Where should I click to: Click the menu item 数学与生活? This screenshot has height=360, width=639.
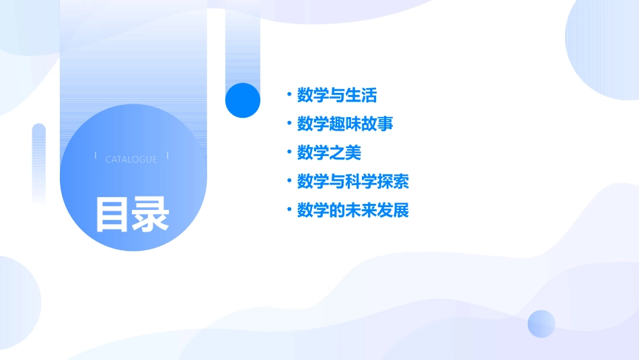pyautogui.click(x=337, y=96)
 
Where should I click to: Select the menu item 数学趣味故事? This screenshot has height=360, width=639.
pyautogui.click(x=345, y=124)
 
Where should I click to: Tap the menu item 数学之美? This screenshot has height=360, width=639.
pyautogui.click(x=329, y=153)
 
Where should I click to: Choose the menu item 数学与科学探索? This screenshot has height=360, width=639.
pyautogui.click(x=353, y=182)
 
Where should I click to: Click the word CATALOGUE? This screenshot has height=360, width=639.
pyautogui.click(x=131, y=159)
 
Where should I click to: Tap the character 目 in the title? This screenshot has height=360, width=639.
pyautogui.click(x=112, y=215)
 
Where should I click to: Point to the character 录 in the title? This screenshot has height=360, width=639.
pyautogui.click(x=151, y=215)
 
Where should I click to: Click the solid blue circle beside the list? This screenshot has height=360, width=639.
pyautogui.click(x=242, y=100)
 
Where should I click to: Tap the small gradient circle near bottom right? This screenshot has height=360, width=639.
pyautogui.click(x=541, y=324)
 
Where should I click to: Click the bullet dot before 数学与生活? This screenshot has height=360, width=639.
pyautogui.click(x=289, y=94)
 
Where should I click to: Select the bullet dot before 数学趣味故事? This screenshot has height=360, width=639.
pyautogui.click(x=289, y=123)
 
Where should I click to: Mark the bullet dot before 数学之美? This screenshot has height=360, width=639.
pyautogui.click(x=289, y=152)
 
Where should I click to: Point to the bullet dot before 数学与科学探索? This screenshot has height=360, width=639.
pyautogui.click(x=289, y=181)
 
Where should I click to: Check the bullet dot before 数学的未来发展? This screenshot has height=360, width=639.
pyautogui.click(x=289, y=210)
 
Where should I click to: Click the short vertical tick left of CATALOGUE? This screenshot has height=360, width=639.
pyautogui.click(x=96, y=156)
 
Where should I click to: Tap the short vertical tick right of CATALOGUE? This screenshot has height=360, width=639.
pyautogui.click(x=167, y=156)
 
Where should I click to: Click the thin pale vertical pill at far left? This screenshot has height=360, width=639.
pyautogui.click(x=39, y=161)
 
